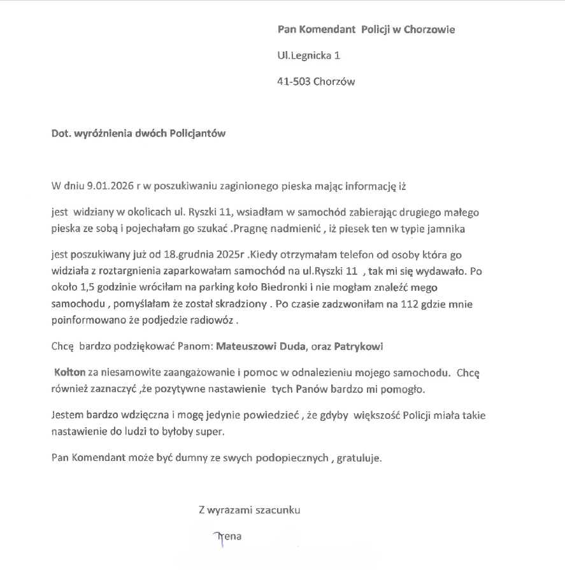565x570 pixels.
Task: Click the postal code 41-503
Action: tap(294, 82)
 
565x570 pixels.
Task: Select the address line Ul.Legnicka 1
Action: tap(309, 55)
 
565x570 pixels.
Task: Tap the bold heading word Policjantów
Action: tap(196, 134)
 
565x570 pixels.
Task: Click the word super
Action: tap(213, 431)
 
